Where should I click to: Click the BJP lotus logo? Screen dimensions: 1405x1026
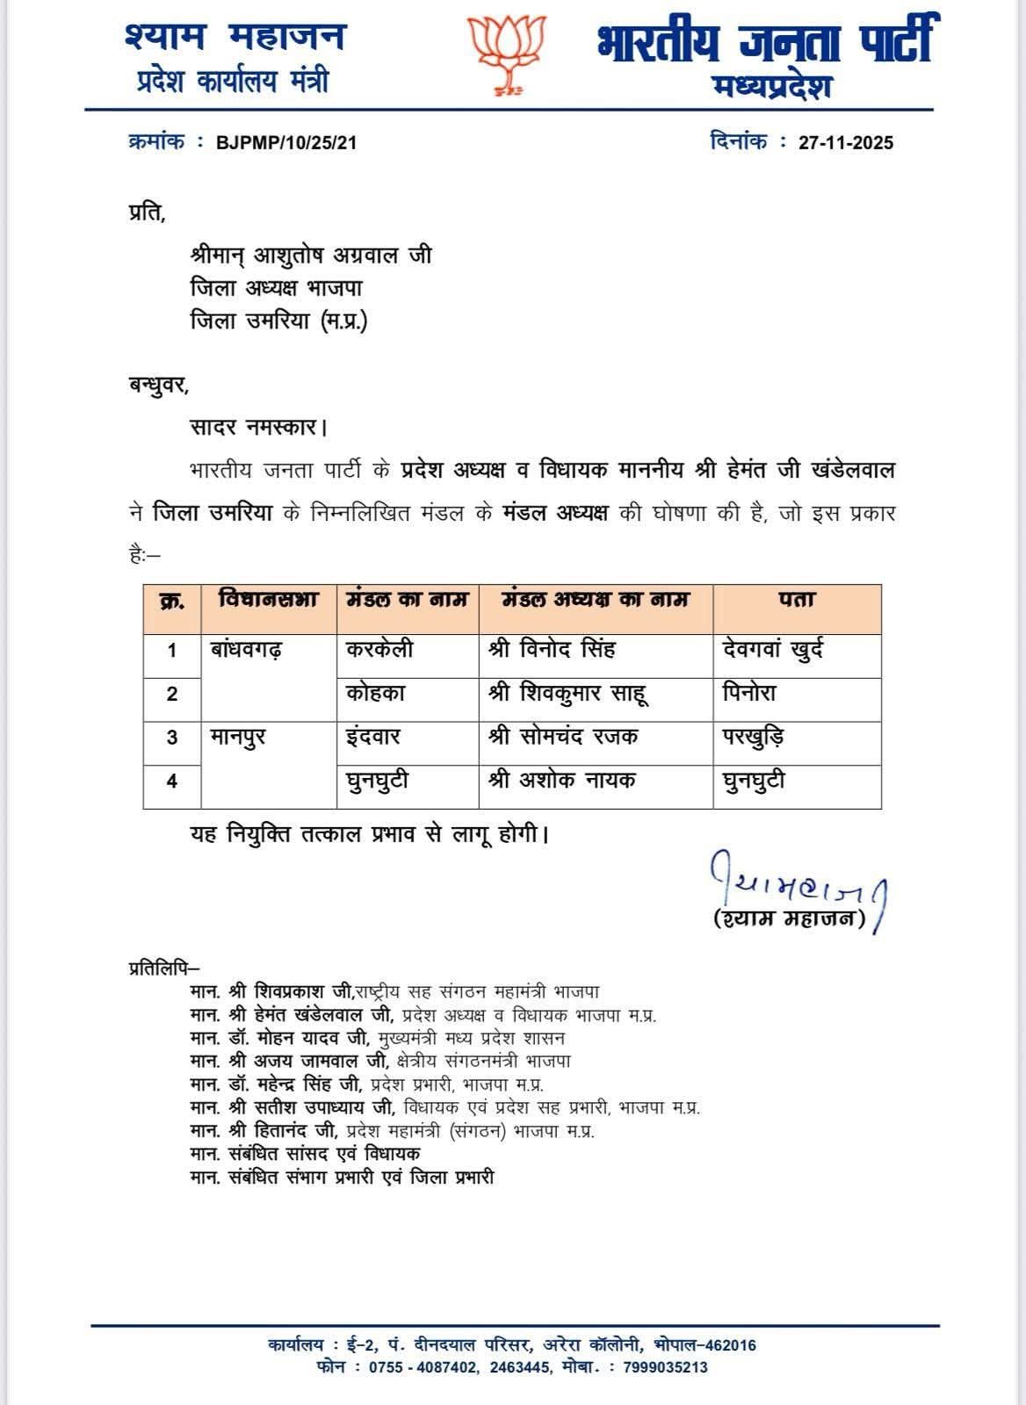(x=507, y=54)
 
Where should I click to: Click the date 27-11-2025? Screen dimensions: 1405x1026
(x=845, y=143)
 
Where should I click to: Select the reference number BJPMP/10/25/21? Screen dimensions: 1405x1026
(x=286, y=143)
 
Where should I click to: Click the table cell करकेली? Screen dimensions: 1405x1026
(x=379, y=651)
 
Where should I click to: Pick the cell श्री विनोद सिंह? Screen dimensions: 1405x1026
(x=552, y=651)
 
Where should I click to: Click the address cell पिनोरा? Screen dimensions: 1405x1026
(x=749, y=694)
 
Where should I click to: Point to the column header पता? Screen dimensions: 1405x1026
(x=796, y=601)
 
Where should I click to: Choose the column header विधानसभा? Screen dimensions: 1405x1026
(x=268, y=601)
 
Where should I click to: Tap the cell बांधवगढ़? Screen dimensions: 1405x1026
(x=247, y=651)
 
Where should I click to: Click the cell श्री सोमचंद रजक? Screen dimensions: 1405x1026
(x=563, y=737)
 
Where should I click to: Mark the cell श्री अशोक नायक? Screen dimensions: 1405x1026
(x=562, y=780)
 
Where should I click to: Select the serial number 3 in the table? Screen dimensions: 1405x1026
(x=172, y=738)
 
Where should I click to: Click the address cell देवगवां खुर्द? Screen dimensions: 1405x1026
(x=772, y=651)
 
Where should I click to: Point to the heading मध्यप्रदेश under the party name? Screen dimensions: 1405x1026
(x=773, y=88)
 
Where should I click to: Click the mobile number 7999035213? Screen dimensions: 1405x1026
(x=665, y=1367)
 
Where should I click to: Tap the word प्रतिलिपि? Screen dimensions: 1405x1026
(x=163, y=969)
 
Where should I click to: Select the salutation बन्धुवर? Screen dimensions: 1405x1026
(x=158, y=385)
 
